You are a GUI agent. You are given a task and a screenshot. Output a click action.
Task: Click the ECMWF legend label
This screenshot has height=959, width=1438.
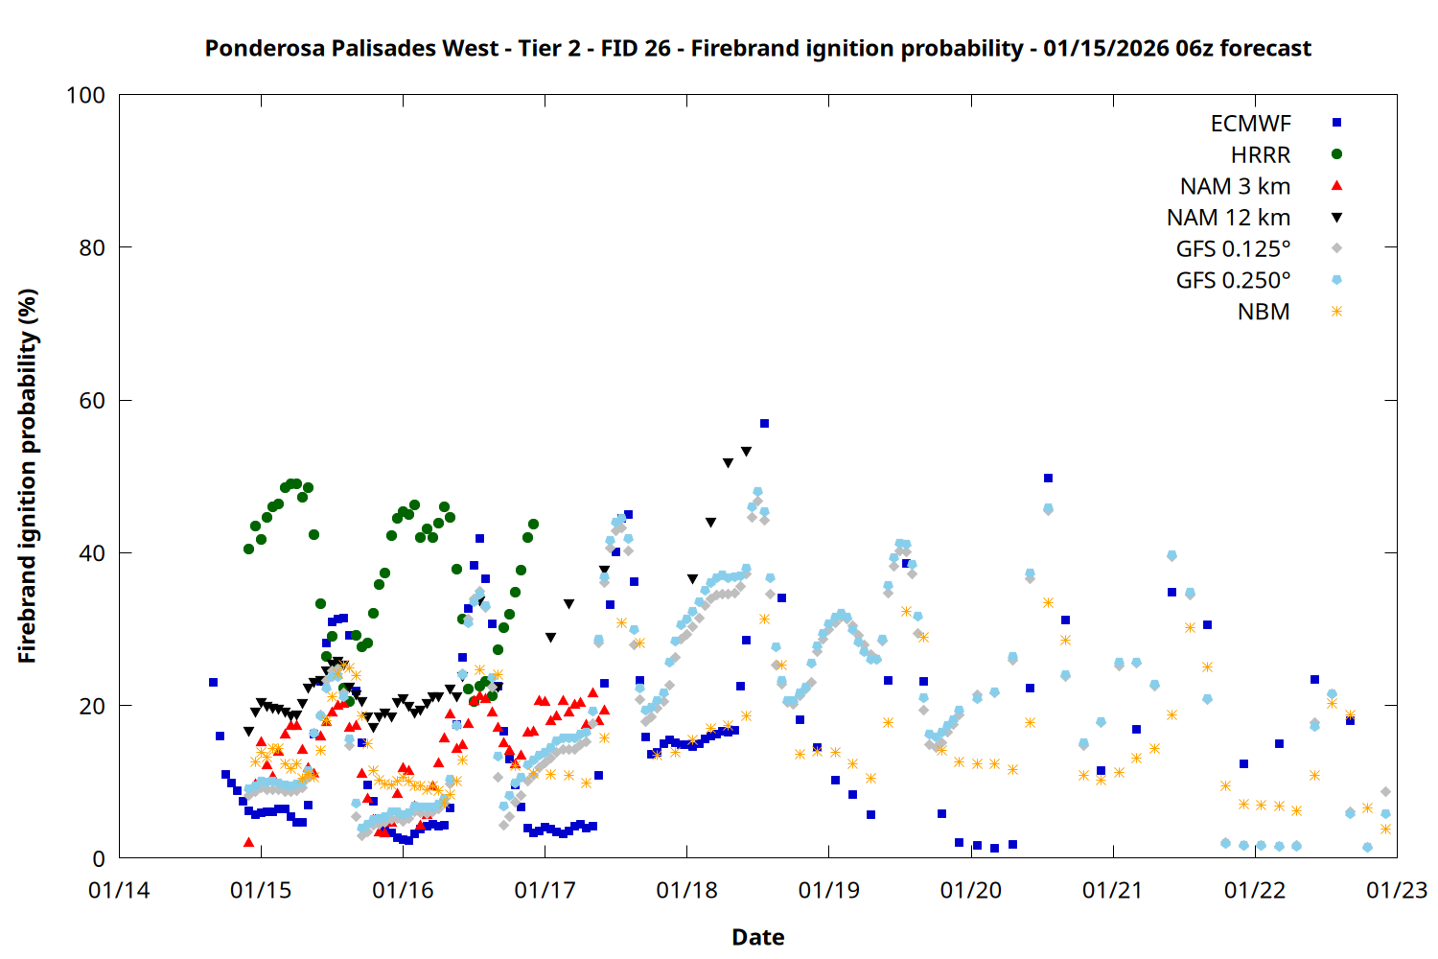(x=1250, y=124)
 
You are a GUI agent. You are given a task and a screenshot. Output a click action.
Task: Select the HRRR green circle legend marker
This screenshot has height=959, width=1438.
(x=1336, y=154)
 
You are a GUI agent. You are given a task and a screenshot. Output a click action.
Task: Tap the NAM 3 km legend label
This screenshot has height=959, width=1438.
(x=1235, y=186)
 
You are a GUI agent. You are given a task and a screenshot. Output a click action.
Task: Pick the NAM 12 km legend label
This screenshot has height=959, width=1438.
(x=1228, y=218)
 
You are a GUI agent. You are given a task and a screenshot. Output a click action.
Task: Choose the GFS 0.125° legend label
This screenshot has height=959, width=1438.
(x=1233, y=249)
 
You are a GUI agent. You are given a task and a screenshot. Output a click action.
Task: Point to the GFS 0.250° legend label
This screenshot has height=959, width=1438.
(x=1233, y=281)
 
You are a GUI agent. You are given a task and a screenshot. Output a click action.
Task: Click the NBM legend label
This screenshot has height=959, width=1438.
(x=1264, y=312)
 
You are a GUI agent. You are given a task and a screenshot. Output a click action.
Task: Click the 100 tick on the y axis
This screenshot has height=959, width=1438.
(x=85, y=95)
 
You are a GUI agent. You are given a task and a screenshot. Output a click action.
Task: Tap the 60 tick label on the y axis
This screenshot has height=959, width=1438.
(x=92, y=401)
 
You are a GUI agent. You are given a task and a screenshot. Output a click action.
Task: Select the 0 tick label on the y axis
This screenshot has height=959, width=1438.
(x=99, y=859)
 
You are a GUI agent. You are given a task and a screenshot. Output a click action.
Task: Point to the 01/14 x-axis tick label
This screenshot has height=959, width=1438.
(x=119, y=891)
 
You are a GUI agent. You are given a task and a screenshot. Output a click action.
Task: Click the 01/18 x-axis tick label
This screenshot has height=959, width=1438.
(x=686, y=891)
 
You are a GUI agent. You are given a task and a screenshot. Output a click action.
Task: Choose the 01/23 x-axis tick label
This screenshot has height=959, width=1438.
(x=1397, y=891)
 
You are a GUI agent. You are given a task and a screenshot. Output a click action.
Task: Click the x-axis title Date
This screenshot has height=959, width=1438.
(x=757, y=937)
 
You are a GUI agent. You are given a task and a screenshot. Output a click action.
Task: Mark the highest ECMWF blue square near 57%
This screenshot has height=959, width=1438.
(x=764, y=423)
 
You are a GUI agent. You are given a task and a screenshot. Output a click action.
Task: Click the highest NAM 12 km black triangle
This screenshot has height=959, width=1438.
(x=746, y=452)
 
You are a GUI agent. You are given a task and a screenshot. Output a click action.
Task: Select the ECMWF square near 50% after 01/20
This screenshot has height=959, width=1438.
(x=1048, y=478)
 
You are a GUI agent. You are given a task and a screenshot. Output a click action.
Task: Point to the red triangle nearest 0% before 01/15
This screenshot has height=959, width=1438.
(x=249, y=842)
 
